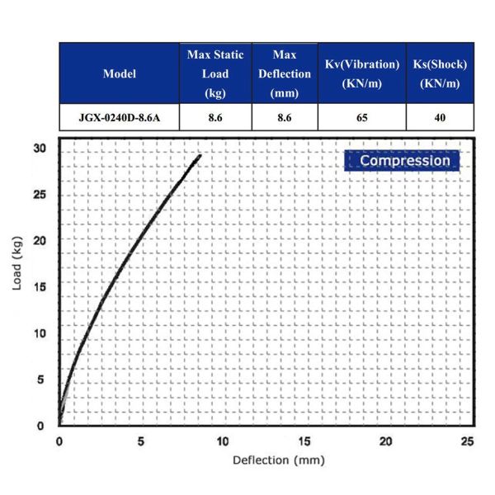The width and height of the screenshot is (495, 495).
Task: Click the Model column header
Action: (x=120, y=73)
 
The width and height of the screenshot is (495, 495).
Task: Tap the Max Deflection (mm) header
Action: (x=285, y=73)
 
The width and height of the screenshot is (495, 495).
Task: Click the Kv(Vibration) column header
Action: (x=361, y=73)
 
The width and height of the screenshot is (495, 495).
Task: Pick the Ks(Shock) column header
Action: (x=440, y=73)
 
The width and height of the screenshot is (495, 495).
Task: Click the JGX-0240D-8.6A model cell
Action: (x=120, y=117)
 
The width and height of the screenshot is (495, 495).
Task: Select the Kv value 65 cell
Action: (x=361, y=117)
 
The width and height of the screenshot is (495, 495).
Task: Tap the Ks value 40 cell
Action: (x=440, y=117)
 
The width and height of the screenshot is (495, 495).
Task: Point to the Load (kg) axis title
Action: (x=17, y=286)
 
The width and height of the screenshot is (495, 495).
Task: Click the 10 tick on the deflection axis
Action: (x=223, y=441)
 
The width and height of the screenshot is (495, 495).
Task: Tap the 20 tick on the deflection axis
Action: (x=386, y=441)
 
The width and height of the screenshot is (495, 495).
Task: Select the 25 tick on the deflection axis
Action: (x=468, y=441)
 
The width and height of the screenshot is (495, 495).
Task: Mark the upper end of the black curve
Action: (x=200, y=155)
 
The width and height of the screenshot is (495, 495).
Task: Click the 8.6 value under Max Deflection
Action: (x=285, y=117)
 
